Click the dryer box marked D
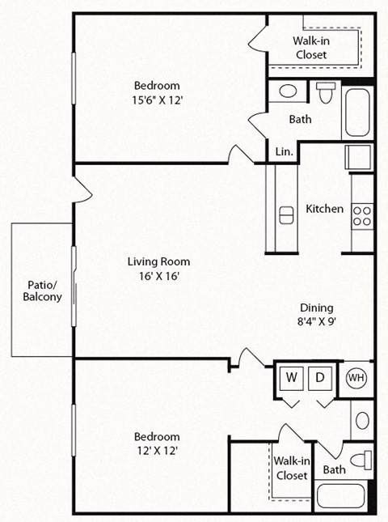(x=320, y=378)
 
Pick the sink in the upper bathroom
(x=288, y=91)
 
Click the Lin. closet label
(x=284, y=151)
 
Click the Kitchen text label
(x=324, y=209)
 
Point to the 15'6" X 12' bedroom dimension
(x=157, y=100)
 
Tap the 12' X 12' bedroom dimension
(x=157, y=452)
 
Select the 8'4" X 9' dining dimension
(x=316, y=321)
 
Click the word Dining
(x=316, y=308)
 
